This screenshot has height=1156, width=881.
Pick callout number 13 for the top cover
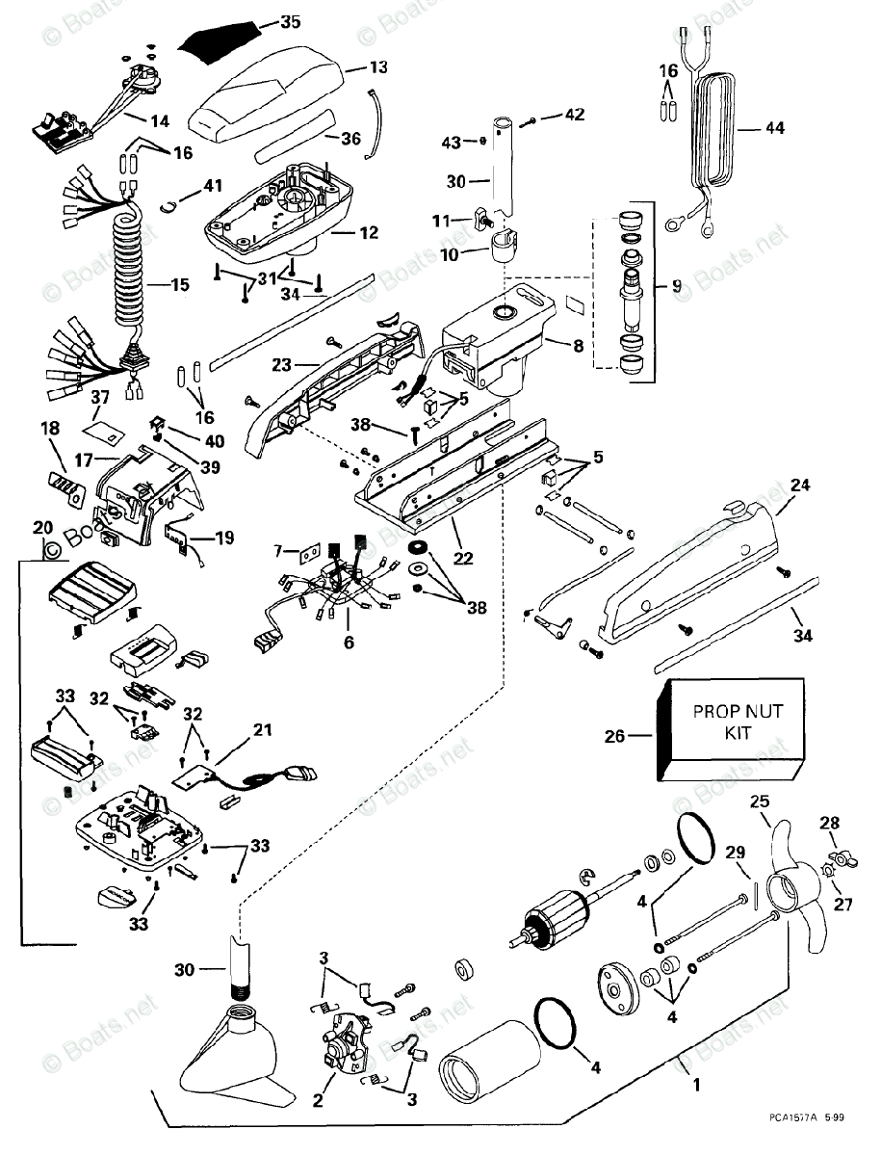(378, 67)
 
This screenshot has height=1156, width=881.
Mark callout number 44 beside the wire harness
(774, 127)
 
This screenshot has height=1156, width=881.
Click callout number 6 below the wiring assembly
(350, 641)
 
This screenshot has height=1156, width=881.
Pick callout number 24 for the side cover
(801, 486)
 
